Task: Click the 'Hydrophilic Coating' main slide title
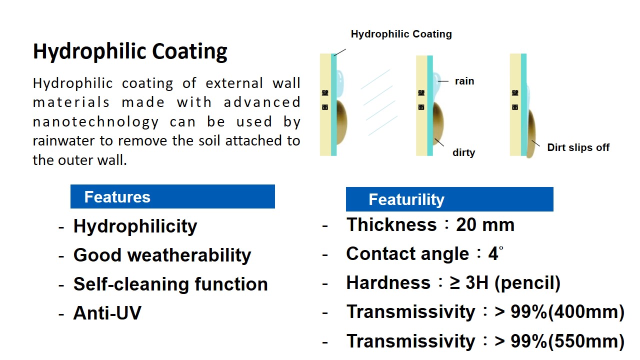point(130,51)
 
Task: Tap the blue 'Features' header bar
point(172,196)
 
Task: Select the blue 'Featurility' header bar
point(449,199)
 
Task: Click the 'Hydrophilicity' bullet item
point(135,226)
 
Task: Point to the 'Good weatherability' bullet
point(162,255)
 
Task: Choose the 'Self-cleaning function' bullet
point(170,284)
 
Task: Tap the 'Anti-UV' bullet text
point(107,313)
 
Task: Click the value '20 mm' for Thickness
point(485,225)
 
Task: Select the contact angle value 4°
point(495,253)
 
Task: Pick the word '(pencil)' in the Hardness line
point(527,283)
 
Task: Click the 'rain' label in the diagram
point(464,81)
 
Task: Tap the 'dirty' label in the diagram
point(463,152)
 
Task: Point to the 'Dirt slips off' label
point(578,147)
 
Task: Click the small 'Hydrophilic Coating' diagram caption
point(401,34)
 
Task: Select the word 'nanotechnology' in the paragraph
point(95,122)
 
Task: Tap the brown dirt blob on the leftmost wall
point(341,122)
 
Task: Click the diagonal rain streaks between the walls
point(379,102)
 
